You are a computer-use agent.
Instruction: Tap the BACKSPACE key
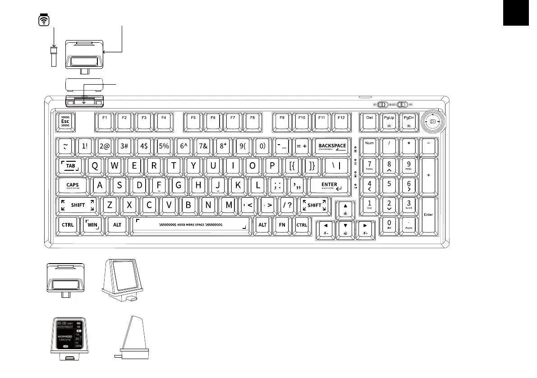pos(332,146)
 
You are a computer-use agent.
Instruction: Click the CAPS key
pos(73,185)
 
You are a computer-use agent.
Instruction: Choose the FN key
pos(282,225)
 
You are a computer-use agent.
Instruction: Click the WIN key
pos(92,225)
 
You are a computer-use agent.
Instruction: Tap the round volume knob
pos(432,122)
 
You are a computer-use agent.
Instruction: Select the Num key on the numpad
pos(369,146)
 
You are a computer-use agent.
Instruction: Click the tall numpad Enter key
pos(428,215)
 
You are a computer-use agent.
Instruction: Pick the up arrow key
pos(345,208)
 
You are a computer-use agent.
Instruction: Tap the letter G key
pos(179,185)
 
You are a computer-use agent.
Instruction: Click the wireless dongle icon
pos(44,20)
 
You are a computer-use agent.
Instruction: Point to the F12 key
pos(341,120)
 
